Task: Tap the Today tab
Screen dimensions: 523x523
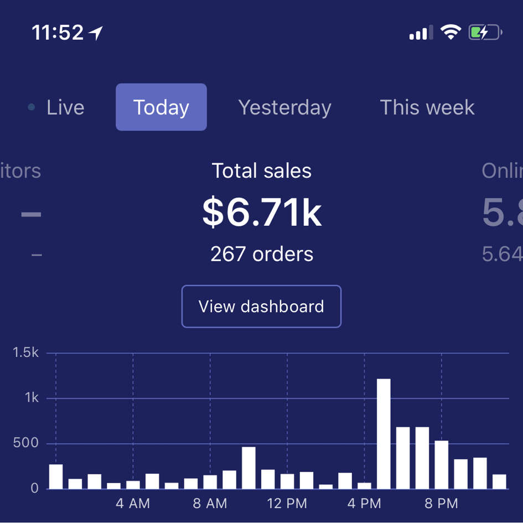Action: pyautogui.click(x=161, y=107)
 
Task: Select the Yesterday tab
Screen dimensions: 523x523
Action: pyautogui.click(x=284, y=107)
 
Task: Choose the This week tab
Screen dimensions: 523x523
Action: pyautogui.click(x=427, y=107)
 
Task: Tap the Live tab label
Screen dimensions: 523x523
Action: pyautogui.click(x=65, y=107)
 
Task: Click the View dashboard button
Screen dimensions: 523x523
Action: pyautogui.click(x=261, y=307)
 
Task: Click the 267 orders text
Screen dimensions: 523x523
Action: pyautogui.click(x=262, y=254)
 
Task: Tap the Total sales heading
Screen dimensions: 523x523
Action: pyautogui.click(x=262, y=171)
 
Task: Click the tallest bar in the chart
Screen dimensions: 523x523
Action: pyautogui.click(x=384, y=434)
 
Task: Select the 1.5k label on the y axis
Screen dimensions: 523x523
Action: pyautogui.click(x=26, y=353)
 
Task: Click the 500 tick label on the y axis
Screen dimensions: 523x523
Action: pyautogui.click(x=26, y=443)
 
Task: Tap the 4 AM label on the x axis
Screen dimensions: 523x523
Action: pyautogui.click(x=133, y=504)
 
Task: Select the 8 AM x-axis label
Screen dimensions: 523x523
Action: pyautogui.click(x=210, y=504)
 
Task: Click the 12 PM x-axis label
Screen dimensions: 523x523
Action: pyautogui.click(x=287, y=504)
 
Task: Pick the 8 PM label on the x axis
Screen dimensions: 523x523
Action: pyautogui.click(x=441, y=504)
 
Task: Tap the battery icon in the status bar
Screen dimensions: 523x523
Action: pyautogui.click(x=485, y=33)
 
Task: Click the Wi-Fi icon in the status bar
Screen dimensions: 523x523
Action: pyautogui.click(x=451, y=33)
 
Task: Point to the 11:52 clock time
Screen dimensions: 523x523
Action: pyautogui.click(x=58, y=33)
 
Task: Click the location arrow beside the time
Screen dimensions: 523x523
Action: pyautogui.click(x=96, y=34)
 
